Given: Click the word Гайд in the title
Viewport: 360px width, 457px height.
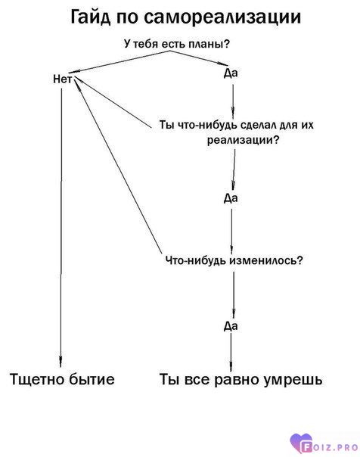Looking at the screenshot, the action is point(91,17).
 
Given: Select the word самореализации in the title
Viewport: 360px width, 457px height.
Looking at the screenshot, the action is point(222,18).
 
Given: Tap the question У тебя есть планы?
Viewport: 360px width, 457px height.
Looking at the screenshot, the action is point(177,44).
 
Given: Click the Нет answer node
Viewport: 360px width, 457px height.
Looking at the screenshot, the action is point(62,79).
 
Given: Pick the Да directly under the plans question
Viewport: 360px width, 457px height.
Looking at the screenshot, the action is point(231,73).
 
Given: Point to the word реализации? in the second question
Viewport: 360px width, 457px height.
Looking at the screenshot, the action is point(244,140).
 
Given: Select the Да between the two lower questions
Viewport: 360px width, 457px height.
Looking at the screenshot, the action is point(231,198).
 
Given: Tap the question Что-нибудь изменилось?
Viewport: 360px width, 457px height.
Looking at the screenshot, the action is point(234,260).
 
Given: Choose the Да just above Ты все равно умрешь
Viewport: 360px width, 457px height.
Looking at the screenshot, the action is point(231,326).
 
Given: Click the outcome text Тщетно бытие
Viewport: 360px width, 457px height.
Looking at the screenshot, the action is point(62,379).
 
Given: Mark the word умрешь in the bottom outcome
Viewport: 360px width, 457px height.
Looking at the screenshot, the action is point(293,381).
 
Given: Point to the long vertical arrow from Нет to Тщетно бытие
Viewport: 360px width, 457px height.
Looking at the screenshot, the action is point(61,227).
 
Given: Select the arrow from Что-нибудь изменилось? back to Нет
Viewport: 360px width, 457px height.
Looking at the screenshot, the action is point(118,166).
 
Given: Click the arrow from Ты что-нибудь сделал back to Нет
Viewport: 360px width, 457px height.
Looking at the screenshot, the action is point(113,103).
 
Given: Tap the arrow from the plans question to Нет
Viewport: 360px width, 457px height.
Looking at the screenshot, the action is point(119,61).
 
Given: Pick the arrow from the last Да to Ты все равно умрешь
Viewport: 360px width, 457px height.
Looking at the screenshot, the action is point(231,353).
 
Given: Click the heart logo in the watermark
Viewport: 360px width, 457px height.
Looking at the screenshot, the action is point(302,443).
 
